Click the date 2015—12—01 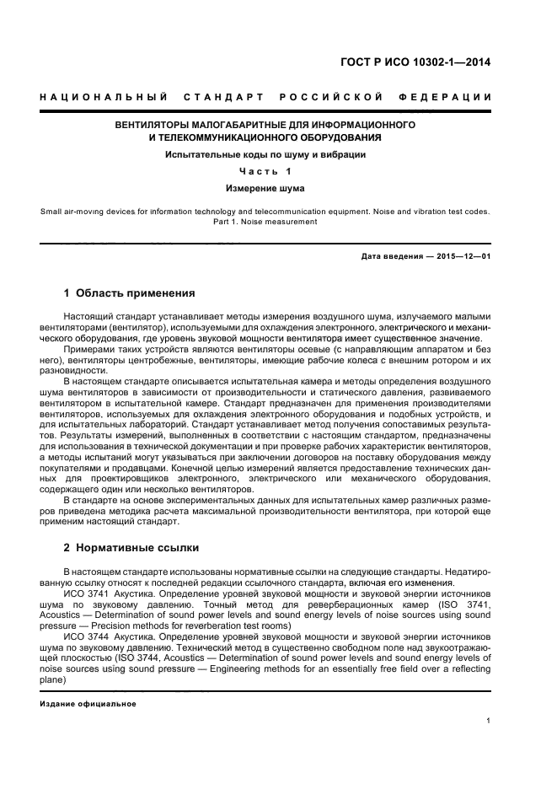pos(463,255)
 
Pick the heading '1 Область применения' pos(130,293)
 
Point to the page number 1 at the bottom pos(489,721)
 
